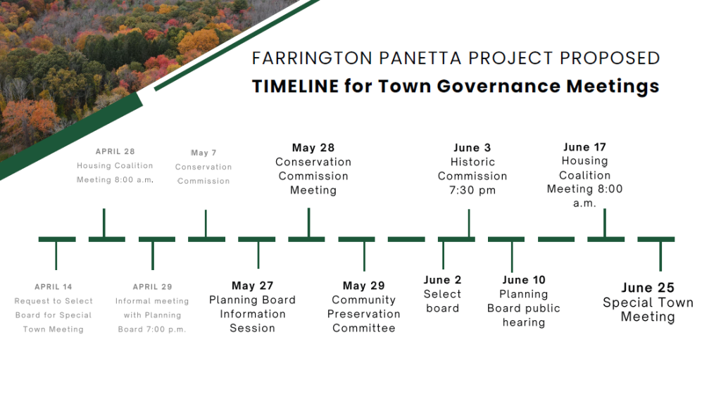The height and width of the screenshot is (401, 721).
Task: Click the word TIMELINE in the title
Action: tap(295, 86)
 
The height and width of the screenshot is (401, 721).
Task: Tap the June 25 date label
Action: tap(648, 288)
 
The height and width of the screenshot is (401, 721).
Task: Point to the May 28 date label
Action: tap(313, 148)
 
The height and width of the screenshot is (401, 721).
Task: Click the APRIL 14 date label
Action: tap(54, 286)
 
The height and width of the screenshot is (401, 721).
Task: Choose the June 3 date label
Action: tap(472, 148)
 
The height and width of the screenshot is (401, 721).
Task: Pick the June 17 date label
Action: tap(584, 147)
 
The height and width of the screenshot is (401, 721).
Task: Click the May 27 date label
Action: tap(253, 286)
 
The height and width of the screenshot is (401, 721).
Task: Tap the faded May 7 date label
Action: tap(203, 153)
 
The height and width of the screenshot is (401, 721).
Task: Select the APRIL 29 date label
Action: tap(152, 286)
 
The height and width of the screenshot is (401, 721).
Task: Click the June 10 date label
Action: tap(524, 280)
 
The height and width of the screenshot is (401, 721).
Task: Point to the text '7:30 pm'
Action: tap(472, 190)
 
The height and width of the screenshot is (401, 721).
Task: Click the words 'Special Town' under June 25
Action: tap(648, 303)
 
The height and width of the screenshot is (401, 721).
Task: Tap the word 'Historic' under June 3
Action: tap(472, 162)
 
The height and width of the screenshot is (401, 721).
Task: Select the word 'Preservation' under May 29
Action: tap(364, 314)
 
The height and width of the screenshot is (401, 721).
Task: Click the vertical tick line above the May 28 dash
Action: tap(308, 223)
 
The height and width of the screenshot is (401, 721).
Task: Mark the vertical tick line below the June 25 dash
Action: tap(660, 256)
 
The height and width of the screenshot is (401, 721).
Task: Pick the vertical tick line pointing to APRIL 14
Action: tap(56, 255)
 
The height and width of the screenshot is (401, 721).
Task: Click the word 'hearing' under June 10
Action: tap(524, 322)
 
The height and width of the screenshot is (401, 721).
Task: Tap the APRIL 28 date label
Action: tap(115, 151)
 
